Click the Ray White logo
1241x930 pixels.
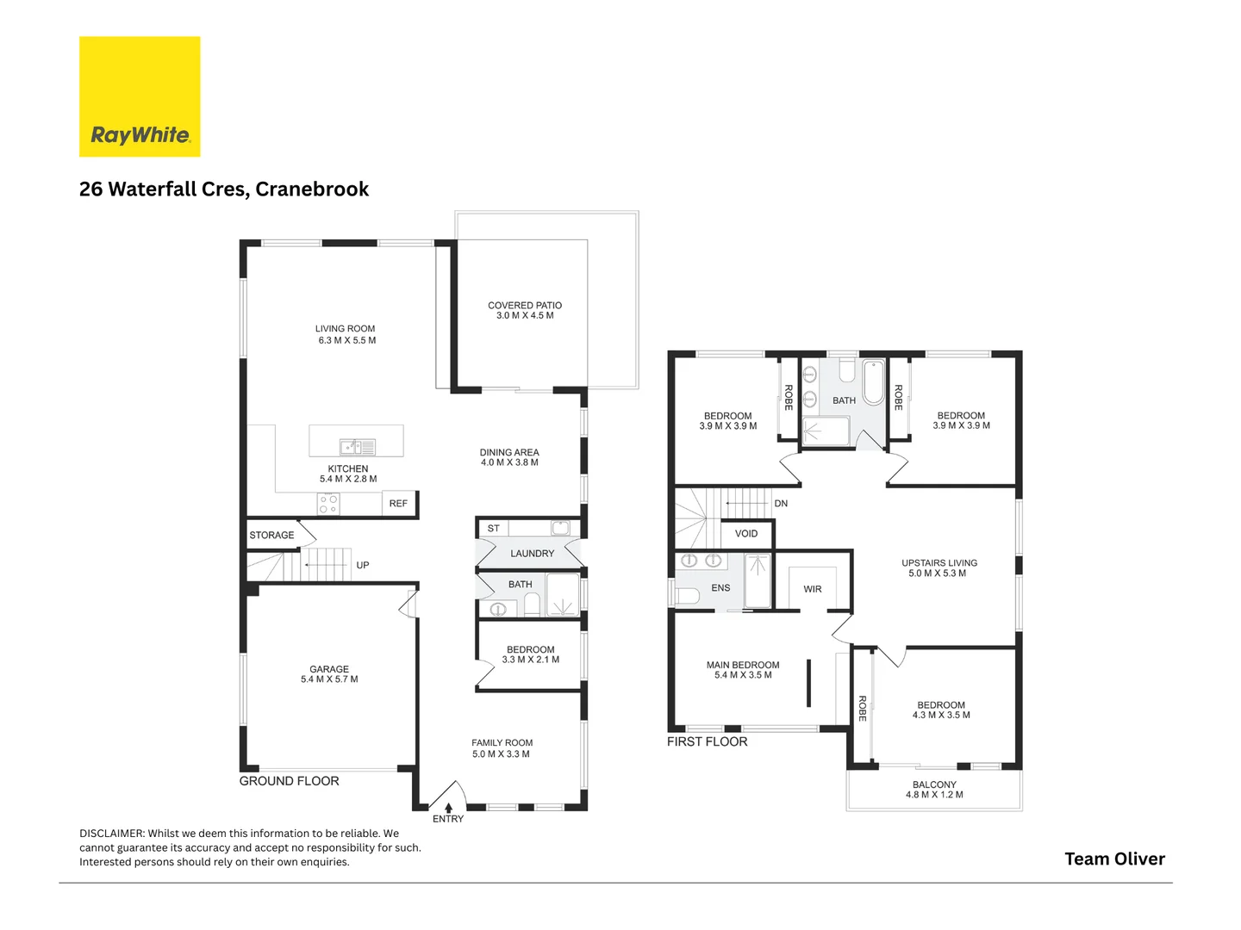click(x=140, y=96)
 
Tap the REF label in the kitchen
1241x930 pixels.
click(x=398, y=504)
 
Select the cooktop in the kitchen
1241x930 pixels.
click(x=328, y=504)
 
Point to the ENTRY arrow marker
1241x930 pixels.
click(x=448, y=808)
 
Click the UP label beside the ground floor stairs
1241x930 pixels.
click(x=363, y=566)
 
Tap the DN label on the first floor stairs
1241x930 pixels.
click(x=781, y=504)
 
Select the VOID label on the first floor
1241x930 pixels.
click(x=746, y=534)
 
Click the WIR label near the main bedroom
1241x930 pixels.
click(x=813, y=590)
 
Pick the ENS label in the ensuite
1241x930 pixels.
click(x=720, y=588)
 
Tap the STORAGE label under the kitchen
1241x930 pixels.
click(x=271, y=536)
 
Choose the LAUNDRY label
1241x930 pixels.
click(x=532, y=554)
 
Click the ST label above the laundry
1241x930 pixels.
click(x=494, y=529)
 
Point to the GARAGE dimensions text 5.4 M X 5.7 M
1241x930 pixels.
click(x=329, y=679)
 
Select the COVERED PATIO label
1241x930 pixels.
click(x=525, y=306)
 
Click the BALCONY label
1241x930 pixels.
click(x=934, y=784)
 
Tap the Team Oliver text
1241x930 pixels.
click(x=1114, y=859)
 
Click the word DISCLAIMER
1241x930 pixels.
click(x=112, y=834)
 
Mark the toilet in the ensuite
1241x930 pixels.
click(x=688, y=596)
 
